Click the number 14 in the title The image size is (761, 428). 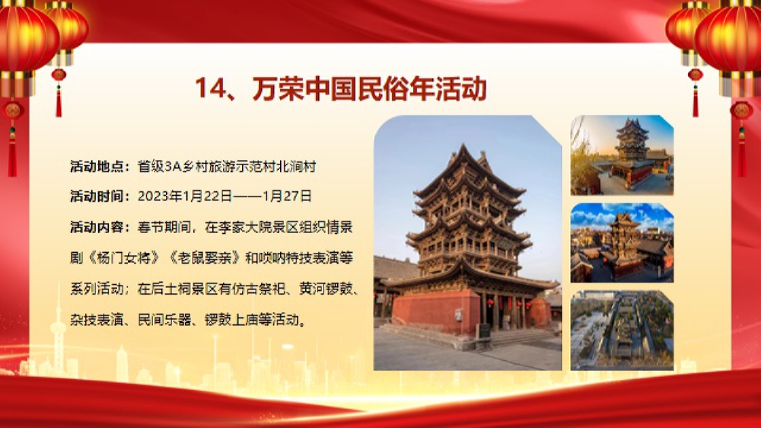click(211, 89)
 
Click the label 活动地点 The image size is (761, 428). click(97, 167)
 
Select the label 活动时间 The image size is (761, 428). click(97, 196)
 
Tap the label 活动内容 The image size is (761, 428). click(97, 227)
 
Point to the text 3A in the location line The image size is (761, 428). click(173, 167)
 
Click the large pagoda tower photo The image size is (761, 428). click(467, 243)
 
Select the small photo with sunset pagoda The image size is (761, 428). click(622, 155)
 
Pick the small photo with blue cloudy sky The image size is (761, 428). click(622, 242)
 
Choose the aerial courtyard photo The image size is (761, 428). click(622, 331)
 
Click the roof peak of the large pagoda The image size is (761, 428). click(464, 145)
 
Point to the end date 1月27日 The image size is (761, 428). click(287, 196)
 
